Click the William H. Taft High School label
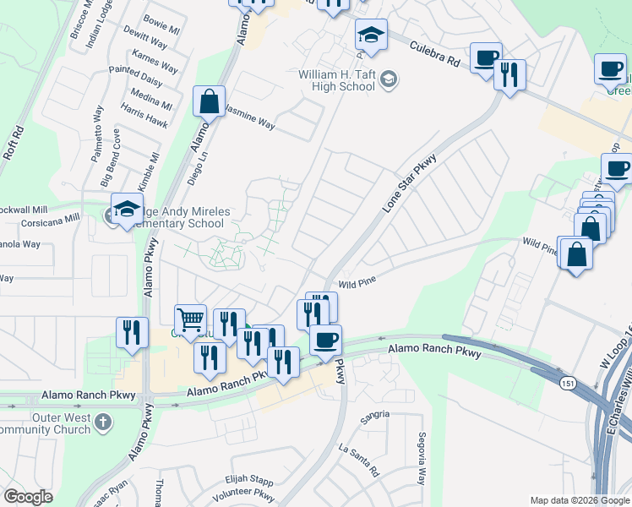(x=336, y=80)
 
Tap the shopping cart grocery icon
(x=190, y=319)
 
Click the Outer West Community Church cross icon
(x=103, y=421)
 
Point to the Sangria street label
(x=376, y=414)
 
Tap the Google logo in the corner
(x=28, y=497)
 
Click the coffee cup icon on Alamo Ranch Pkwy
(x=325, y=340)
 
